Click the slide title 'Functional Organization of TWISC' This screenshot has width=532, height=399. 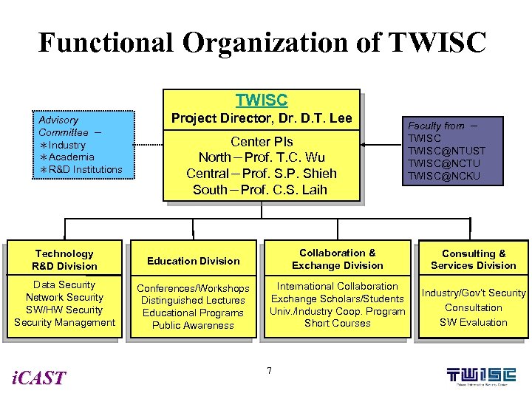(262, 42)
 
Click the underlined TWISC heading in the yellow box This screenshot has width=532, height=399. (261, 100)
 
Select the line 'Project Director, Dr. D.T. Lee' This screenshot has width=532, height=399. (262, 118)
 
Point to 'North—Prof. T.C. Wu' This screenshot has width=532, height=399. (262, 157)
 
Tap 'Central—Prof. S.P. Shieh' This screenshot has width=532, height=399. (262, 174)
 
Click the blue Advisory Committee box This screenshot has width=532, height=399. (86, 145)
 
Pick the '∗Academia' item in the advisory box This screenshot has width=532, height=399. (67, 157)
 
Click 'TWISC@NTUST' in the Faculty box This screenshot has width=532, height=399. (446, 151)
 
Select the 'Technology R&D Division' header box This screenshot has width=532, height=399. (64, 260)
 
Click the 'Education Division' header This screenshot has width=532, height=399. (194, 261)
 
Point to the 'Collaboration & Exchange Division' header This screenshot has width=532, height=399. (338, 259)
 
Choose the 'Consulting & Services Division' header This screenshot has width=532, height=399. (474, 259)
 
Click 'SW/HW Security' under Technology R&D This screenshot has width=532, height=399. (64, 310)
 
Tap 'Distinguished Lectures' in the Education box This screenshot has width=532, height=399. (194, 301)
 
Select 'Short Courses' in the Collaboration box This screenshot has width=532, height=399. (338, 324)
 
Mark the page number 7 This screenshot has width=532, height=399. (269, 369)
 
